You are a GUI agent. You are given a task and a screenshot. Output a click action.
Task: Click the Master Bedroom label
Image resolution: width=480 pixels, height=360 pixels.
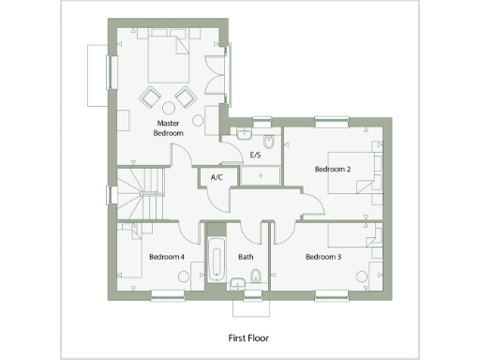coord(169,128)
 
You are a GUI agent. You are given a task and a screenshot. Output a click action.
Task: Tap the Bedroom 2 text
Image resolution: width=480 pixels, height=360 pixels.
coord(333,169)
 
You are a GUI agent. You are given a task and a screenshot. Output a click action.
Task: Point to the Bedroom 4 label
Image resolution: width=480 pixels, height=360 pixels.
coord(166,256)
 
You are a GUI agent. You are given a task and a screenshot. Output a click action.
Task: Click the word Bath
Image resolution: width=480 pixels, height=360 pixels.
coord(246,256)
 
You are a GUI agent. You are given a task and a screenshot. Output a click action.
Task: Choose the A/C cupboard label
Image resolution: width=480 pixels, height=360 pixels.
coord(217,177)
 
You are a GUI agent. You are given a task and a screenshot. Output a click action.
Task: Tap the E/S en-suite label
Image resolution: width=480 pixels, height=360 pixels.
coord(254,155)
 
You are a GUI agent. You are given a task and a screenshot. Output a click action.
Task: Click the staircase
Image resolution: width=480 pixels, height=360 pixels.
coord(142,192)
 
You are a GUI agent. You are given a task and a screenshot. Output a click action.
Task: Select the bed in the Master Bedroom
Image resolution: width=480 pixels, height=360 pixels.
coord(170,58)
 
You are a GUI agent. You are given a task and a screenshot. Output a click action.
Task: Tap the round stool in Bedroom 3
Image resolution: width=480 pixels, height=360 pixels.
coord(362,275)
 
